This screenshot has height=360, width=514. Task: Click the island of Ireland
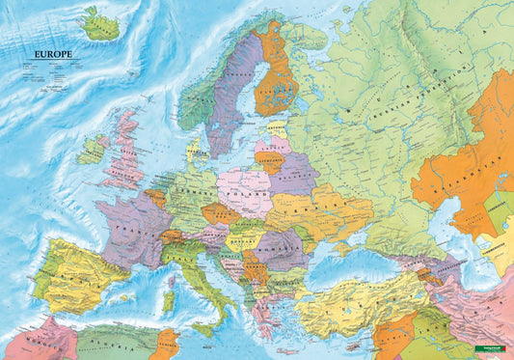tap(94, 151)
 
